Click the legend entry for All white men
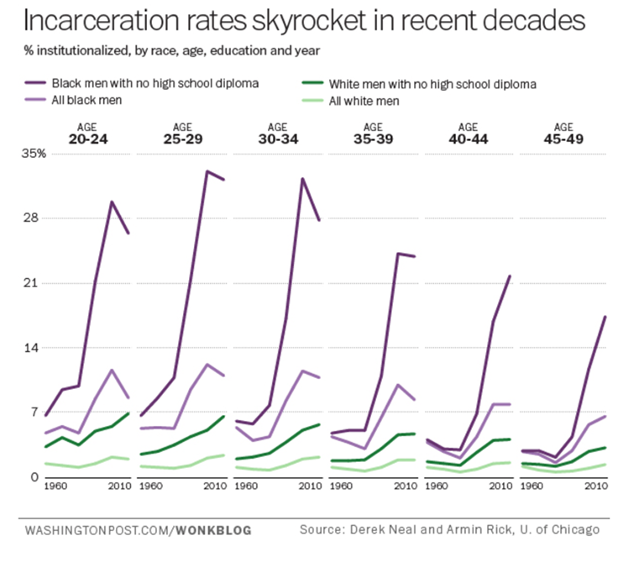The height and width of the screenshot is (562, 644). [364, 101]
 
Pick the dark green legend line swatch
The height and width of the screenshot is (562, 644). [311, 84]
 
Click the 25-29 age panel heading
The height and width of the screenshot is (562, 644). [181, 135]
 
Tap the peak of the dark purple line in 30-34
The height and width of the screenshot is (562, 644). [302, 179]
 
